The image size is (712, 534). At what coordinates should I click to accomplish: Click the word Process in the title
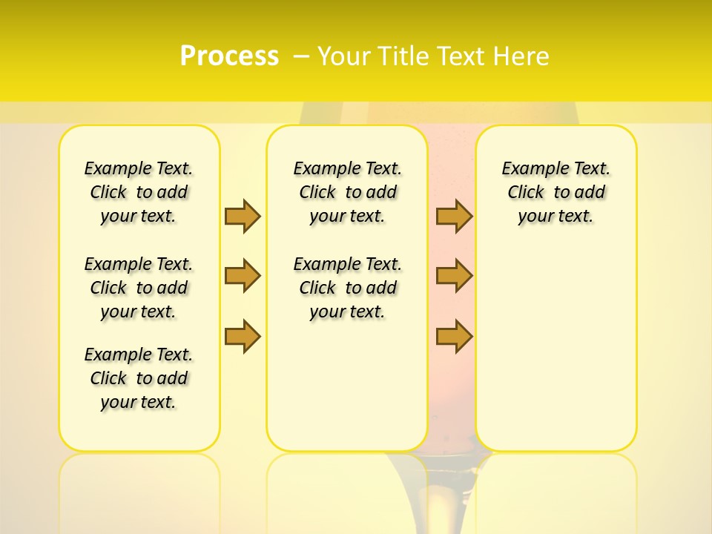pyautogui.click(x=229, y=56)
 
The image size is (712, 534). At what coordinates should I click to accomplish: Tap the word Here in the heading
pyautogui.click(x=521, y=56)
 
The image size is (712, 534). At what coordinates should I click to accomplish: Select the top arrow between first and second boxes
pyautogui.click(x=243, y=217)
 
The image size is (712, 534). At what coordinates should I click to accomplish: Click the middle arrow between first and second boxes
pyautogui.click(x=243, y=276)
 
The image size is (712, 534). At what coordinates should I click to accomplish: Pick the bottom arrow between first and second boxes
pyautogui.click(x=243, y=336)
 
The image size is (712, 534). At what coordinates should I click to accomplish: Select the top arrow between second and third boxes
pyautogui.click(x=454, y=217)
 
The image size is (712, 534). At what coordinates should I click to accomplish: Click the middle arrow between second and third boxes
pyautogui.click(x=454, y=276)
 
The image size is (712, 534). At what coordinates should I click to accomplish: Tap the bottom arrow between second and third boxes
pyautogui.click(x=454, y=336)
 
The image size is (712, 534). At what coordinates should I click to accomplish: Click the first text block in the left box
pyautogui.click(x=139, y=192)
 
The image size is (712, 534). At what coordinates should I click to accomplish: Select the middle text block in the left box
pyautogui.click(x=139, y=288)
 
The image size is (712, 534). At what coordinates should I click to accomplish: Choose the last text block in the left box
pyautogui.click(x=139, y=378)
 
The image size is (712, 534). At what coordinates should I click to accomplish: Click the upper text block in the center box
pyautogui.click(x=347, y=192)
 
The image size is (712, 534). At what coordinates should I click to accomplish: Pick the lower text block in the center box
pyautogui.click(x=347, y=288)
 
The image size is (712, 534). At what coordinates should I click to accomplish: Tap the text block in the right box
pyautogui.click(x=556, y=192)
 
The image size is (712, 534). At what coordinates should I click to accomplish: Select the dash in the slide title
pyautogui.click(x=301, y=56)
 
